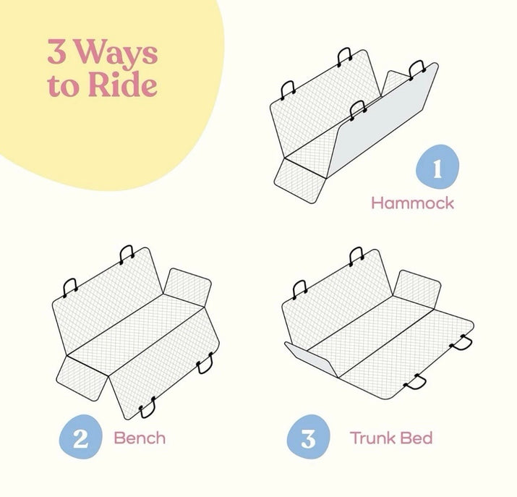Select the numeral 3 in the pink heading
pos(57,51)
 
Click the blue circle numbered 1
pos(437,166)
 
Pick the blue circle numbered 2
pos(81,437)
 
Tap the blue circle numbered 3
pos(308,437)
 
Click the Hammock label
pos(412,203)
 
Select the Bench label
pos(140,438)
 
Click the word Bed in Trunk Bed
pos(416,438)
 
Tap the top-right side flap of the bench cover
pos(187,287)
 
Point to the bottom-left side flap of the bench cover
pos(82,378)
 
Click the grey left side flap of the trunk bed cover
pos(312,359)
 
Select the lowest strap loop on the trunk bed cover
pos(416,383)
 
